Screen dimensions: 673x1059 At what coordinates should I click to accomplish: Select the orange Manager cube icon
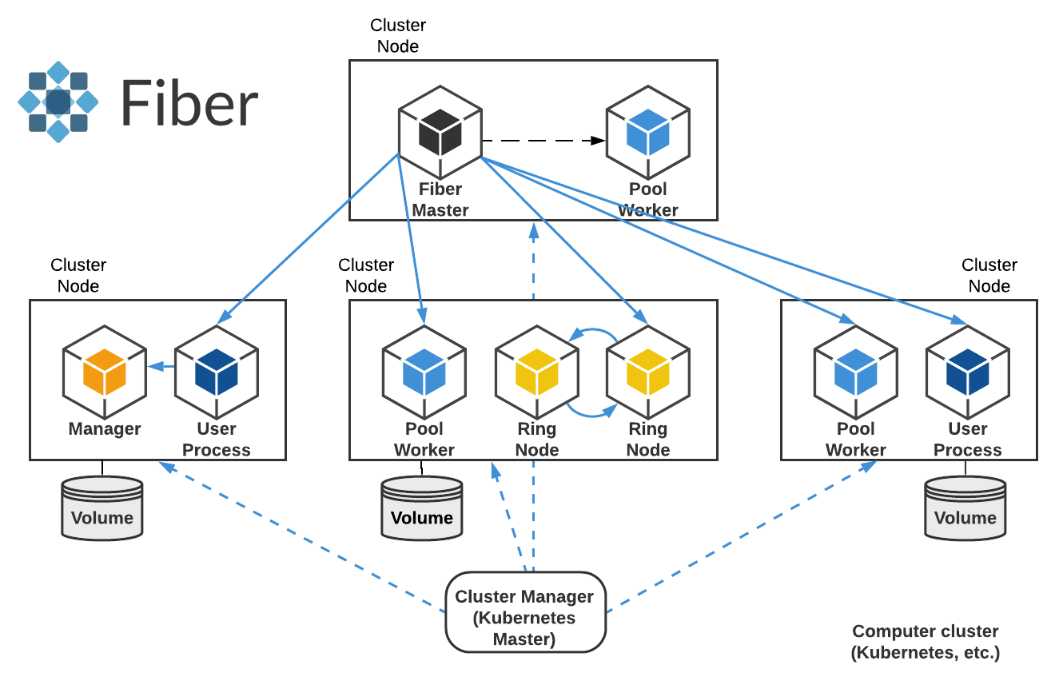coord(105,372)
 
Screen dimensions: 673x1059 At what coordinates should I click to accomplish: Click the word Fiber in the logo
coord(190,103)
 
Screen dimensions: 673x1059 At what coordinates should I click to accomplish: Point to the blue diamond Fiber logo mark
coord(58,102)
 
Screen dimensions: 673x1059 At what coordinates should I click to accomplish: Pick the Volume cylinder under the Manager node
coord(102,508)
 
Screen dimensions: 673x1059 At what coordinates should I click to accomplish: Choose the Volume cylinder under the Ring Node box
coord(421,508)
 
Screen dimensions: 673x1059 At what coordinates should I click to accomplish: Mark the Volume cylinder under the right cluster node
coord(965,508)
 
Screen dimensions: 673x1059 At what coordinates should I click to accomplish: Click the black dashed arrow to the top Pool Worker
coord(543,141)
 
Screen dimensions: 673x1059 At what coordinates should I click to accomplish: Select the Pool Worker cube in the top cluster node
coord(647,132)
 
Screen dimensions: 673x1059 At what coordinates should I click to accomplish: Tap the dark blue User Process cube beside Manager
coord(217,372)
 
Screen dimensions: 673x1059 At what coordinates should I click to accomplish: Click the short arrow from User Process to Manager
coord(161,367)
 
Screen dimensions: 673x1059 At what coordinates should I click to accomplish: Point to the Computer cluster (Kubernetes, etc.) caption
coord(926,642)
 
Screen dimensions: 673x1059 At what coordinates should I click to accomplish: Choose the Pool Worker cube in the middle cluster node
coord(424,372)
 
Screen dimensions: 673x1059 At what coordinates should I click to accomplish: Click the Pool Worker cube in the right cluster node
coord(855,372)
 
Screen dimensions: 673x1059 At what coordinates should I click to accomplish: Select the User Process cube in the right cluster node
coord(967,372)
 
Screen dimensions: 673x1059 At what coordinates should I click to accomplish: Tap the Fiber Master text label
coord(440,200)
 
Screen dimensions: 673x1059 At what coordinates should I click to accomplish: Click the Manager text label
coord(105,429)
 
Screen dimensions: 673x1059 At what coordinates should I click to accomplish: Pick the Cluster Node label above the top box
coord(398,36)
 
